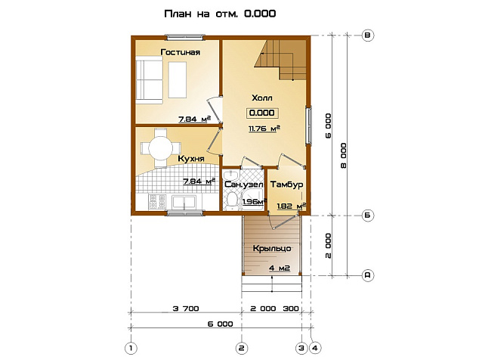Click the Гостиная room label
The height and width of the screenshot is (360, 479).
pos(181,52)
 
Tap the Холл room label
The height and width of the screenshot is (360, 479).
pos(262,98)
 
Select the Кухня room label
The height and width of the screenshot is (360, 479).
pos(191,159)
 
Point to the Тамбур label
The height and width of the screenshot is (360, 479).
pos(286,185)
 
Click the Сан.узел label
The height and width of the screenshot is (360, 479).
pos(244,185)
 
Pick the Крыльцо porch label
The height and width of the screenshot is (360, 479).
pos(272,249)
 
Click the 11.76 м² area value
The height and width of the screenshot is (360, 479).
pos(264,129)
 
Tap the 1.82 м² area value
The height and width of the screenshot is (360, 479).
pos(291,206)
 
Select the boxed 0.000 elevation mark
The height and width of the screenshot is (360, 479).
pos(262,113)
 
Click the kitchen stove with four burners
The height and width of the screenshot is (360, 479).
pos(157,202)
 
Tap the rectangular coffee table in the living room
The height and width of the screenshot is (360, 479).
pos(178,80)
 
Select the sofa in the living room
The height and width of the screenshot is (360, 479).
pos(149,80)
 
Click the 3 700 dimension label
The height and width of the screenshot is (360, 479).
pos(186,309)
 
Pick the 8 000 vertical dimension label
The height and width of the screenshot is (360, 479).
pos(344,155)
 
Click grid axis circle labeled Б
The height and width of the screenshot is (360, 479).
pos(367,216)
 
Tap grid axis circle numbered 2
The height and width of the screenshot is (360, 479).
pos(242,348)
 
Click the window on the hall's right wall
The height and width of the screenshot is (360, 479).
pos(309,125)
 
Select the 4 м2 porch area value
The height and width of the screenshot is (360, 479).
pos(280,268)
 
